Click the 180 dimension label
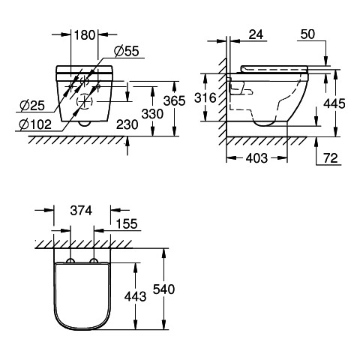pos(85,35)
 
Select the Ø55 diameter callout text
pos(127,51)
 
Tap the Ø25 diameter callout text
pos(32,106)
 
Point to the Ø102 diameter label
pos(35,124)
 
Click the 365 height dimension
pos(175,101)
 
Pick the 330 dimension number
pos(152,114)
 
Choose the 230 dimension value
pos(127,124)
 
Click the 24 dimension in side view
pos(256,34)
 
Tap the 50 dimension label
pos(307,34)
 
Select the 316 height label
pos(205,97)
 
